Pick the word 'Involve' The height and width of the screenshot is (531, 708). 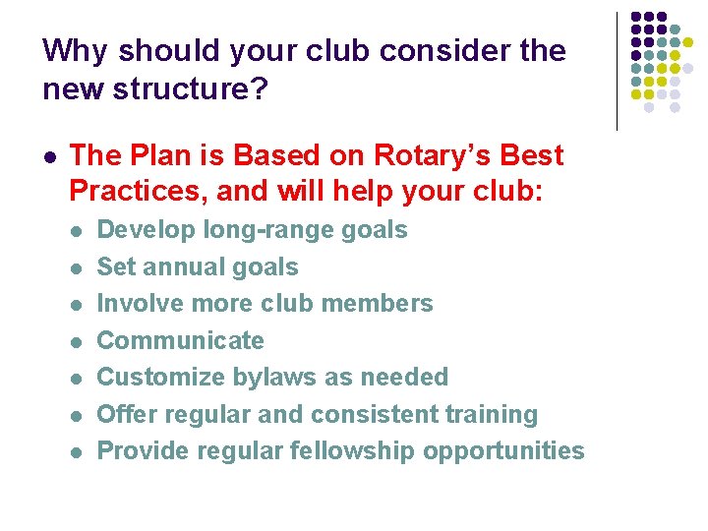tap(139, 303)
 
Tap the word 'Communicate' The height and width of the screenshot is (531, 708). tap(181, 340)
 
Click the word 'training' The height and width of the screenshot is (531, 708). tap(488, 414)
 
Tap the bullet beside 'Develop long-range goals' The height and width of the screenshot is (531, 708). tap(77, 231)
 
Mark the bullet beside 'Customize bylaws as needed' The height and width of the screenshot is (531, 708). tap(77, 379)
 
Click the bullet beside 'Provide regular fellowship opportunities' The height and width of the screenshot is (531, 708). tap(77, 452)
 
